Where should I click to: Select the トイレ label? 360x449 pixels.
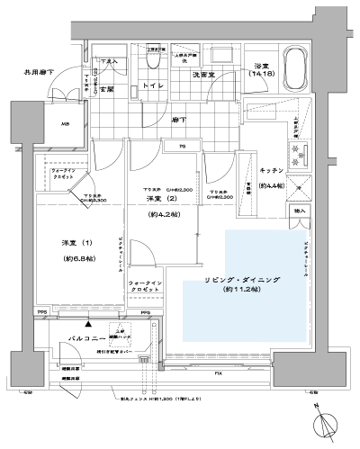[x=151, y=88]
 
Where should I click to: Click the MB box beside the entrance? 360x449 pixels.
[x=40, y=124]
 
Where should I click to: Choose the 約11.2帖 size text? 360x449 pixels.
[x=243, y=292]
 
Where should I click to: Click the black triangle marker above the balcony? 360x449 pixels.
[x=88, y=319]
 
